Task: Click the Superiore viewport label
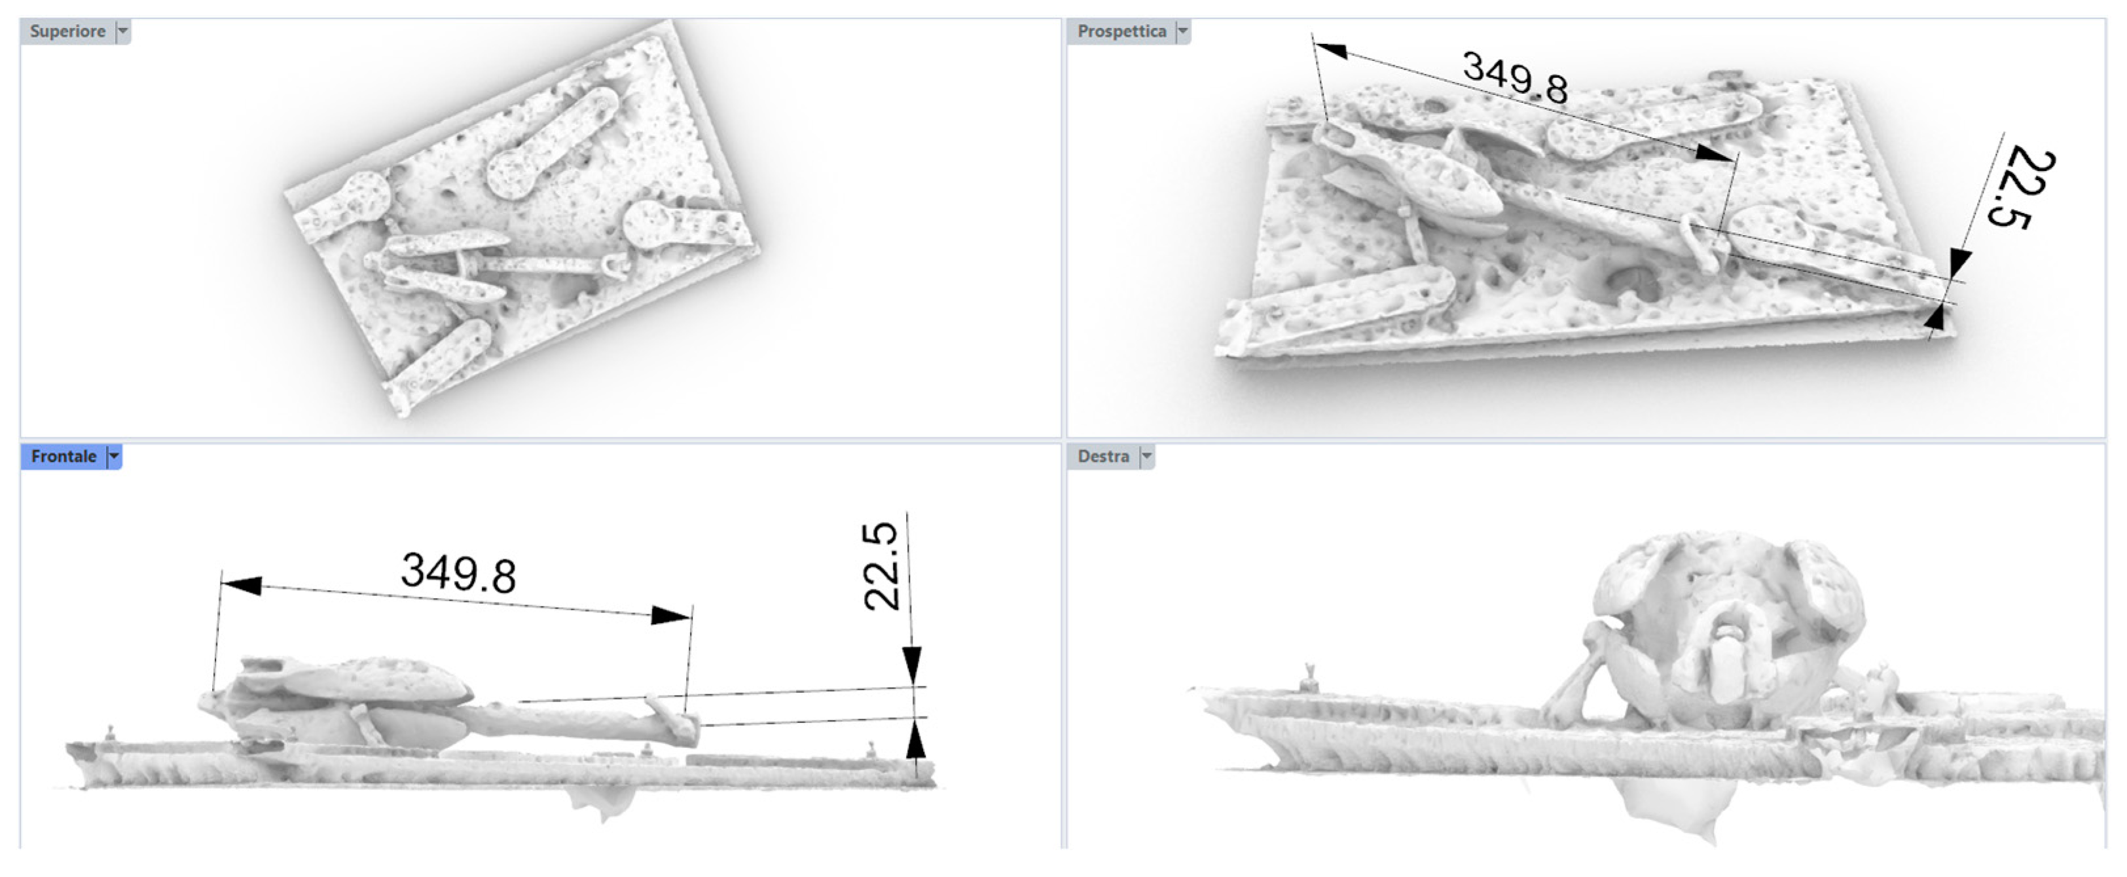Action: [67, 31]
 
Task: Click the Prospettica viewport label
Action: [1121, 31]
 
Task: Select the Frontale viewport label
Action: [64, 457]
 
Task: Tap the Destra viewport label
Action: [1103, 457]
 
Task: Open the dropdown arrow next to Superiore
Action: [123, 31]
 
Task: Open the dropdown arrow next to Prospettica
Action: [1182, 31]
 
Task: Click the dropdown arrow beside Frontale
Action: [114, 457]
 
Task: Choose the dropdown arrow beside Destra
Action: [1146, 457]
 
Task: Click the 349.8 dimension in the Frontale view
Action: [458, 572]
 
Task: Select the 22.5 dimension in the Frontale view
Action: [881, 567]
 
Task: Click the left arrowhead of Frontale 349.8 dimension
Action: [242, 586]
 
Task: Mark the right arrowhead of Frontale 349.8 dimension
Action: [671, 615]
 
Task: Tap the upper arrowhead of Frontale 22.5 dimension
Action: [911, 665]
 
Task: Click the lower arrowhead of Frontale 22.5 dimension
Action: [915, 738]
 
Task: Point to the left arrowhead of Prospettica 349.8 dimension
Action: [1330, 51]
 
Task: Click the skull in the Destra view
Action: [1726, 627]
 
